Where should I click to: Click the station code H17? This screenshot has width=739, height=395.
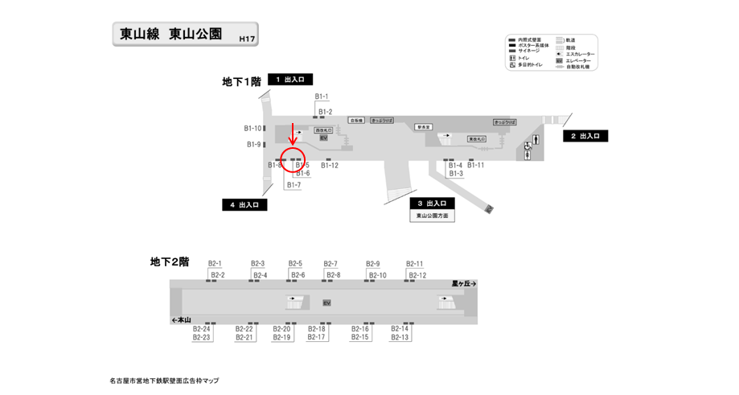click(x=247, y=38)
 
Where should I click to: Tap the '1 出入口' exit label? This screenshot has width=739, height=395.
click(x=290, y=80)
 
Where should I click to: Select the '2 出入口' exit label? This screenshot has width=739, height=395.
click(x=585, y=136)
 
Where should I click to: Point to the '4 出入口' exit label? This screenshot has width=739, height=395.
click(x=244, y=205)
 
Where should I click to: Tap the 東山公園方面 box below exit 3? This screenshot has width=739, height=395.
click(x=433, y=216)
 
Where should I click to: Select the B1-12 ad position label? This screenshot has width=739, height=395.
click(x=330, y=166)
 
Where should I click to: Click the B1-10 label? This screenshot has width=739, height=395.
click(x=253, y=128)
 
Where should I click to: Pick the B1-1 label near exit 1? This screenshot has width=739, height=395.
click(x=321, y=97)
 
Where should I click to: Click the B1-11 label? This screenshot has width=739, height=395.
click(x=476, y=166)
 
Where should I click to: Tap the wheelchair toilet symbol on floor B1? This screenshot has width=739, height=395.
click(x=528, y=146)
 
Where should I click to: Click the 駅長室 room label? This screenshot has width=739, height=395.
click(x=424, y=126)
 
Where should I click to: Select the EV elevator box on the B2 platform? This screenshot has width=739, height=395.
click(x=326, y=302)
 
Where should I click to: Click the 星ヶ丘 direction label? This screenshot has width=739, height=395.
click(x=464, y=284)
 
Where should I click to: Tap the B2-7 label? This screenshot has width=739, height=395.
click(x=330, y=264)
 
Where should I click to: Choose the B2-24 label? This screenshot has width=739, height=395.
click(x=202, y=328)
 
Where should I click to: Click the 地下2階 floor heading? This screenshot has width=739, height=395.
click(x=170, y=261)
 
